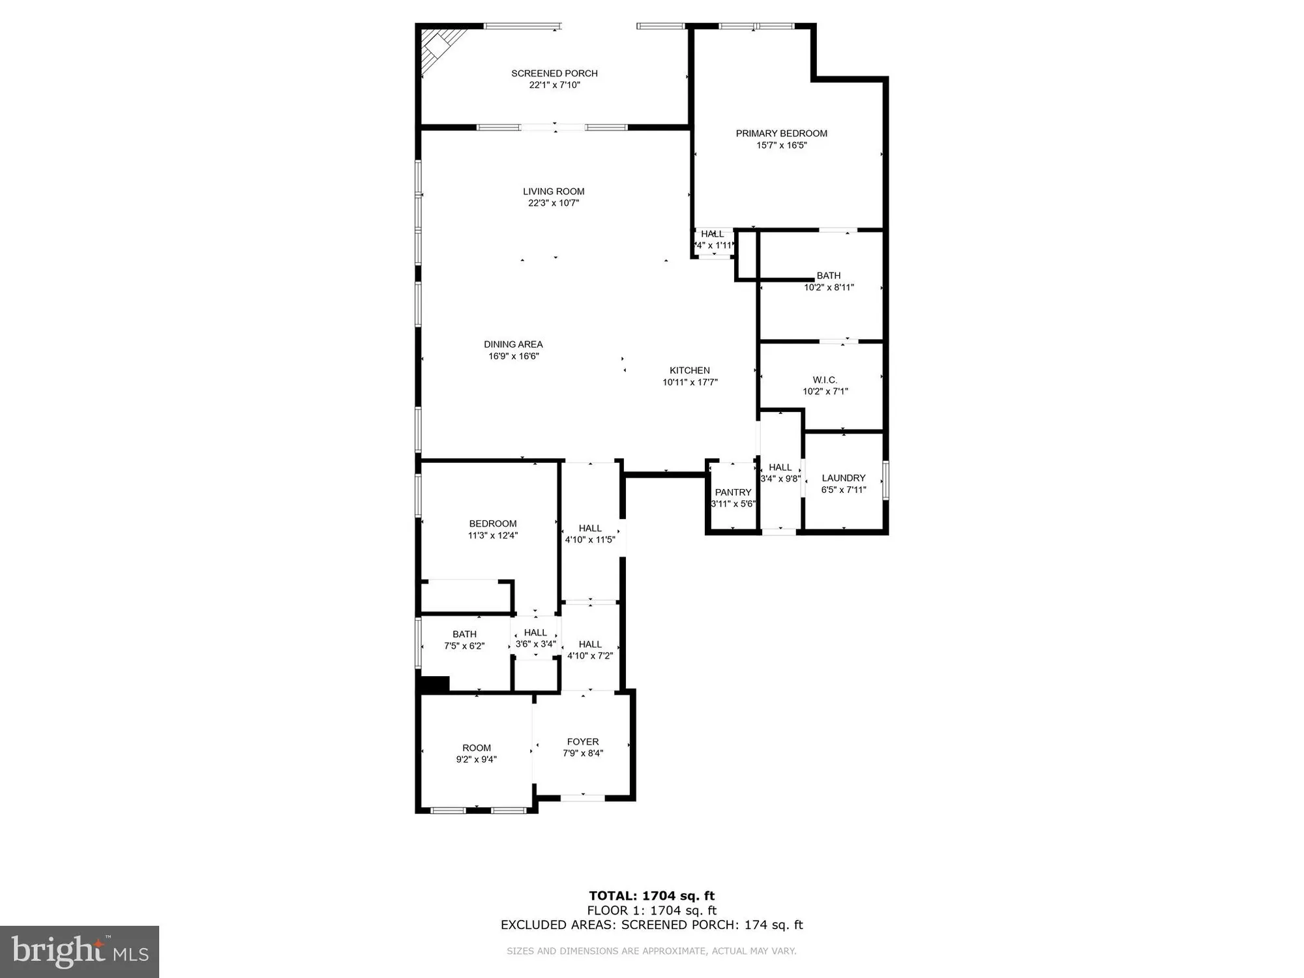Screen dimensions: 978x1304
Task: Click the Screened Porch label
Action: pyautogui.click(x=554, y=73)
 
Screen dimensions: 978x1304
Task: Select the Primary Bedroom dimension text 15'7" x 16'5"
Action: pyautogui.click(x=781, y=145)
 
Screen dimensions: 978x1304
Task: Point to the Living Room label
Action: pyautogui.click(x=554, y=191)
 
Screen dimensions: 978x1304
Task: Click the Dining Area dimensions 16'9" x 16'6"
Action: pyautogui.click(x=513, y=356)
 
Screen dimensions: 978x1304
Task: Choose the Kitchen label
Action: pyautogui.click(x=690, y=370)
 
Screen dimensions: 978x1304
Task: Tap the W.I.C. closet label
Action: pyautogui.click(x=825, y=379)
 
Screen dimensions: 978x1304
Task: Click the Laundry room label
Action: pyautogui.click(x=843, y=478)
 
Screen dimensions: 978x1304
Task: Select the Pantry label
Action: pyautogui.click(x=733, y=492)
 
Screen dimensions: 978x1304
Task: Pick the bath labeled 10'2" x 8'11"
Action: pyautogui.click(x=828, y=281)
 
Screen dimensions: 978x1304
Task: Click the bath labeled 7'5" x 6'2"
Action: pyautogui.click(x=464, y=640)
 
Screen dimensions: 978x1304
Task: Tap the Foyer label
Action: pyautogui.click(x=582, y=741)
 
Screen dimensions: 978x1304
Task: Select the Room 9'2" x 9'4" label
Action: pyautogui.click(x=477, y=748)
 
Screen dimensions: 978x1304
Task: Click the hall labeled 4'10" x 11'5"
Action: pyautogui.click(x=590, y=533)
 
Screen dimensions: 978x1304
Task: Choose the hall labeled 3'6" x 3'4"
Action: pyautogui.click(x=535, y=638)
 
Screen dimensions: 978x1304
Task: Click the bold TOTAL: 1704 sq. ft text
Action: pyautogui.click(x=651, y=895)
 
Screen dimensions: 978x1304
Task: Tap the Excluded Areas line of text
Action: pyautogui.click(x=651, y=925)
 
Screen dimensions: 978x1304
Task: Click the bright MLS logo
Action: pyautogui.click(x=80, y=952)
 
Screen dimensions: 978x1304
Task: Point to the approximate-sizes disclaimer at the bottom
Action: pyautogui.click(x=651, y=951)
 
